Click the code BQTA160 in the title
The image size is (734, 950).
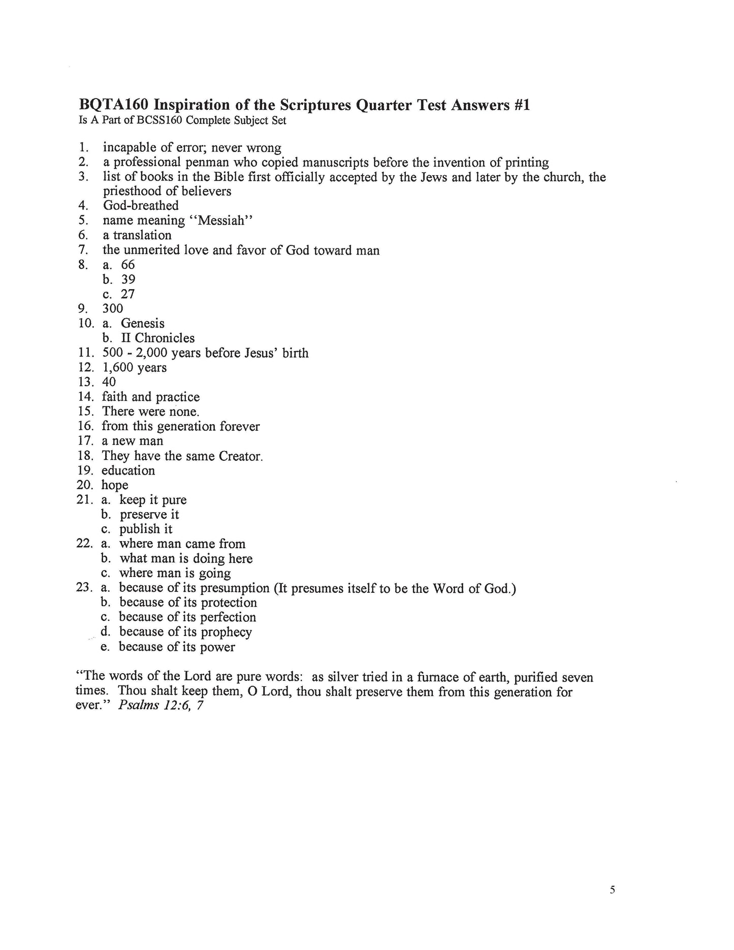tap(113, 105)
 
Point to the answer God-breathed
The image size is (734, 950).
tap(141, 206)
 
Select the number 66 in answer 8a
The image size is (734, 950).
tap(128, 265)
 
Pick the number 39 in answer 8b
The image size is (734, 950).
tap(128, 279)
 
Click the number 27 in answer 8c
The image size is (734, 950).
tap(128, 294)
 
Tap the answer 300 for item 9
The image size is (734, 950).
tap(113, 308)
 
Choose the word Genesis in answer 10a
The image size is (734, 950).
tap(143, 324)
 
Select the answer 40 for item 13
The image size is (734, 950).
tap(109, 382)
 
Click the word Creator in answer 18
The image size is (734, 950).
tap(241, 456)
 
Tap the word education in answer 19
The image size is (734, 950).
tap(128, 470)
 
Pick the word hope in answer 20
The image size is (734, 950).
tap(115, 486)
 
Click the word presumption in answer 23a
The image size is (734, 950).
tap(235, 588)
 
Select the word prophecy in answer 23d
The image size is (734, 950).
tap(227, 632)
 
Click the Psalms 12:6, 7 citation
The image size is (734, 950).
tap(161, 706)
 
